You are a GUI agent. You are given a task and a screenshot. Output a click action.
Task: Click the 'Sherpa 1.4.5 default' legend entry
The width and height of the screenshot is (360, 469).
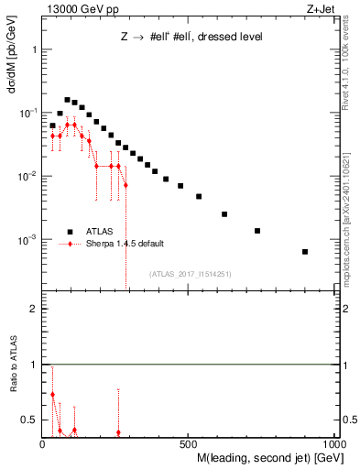pyautogui.click(x=126, y=244)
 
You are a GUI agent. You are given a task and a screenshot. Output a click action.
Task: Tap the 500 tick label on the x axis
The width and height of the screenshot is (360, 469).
pyautogui.click(x=189, y=442)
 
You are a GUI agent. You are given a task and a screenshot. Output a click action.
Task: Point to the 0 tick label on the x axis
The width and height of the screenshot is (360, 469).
pyautogui.click(x=43, y=442)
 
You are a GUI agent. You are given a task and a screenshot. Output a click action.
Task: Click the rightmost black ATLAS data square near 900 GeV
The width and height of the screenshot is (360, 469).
pyautogui.click(x=305, y=252)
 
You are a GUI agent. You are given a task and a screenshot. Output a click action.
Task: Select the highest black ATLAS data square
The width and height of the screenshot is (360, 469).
pyautogui.click(x=67, y=100)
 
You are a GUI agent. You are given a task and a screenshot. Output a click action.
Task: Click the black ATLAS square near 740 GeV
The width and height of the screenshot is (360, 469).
pyautogui.click(x=257, y=231)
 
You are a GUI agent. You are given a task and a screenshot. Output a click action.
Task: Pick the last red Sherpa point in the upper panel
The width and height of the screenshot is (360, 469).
pyautogui.click(x=125, y=185)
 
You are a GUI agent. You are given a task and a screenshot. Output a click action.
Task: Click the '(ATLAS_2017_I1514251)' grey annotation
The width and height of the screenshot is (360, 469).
pyautogui.click(x=195, y=273)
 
